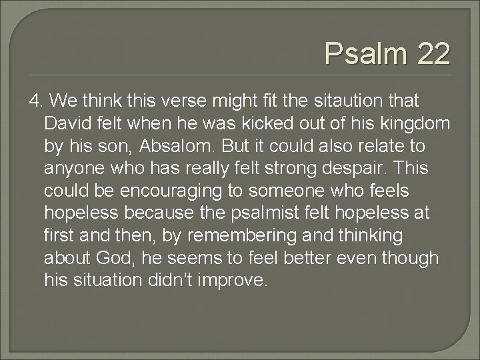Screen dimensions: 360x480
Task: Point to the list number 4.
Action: pyautogui.click(x=36, y=101)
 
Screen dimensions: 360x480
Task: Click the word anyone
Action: pyautogui.click(x=75, y=169)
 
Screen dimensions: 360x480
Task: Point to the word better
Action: pyautogui.click(x=295, y=258)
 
